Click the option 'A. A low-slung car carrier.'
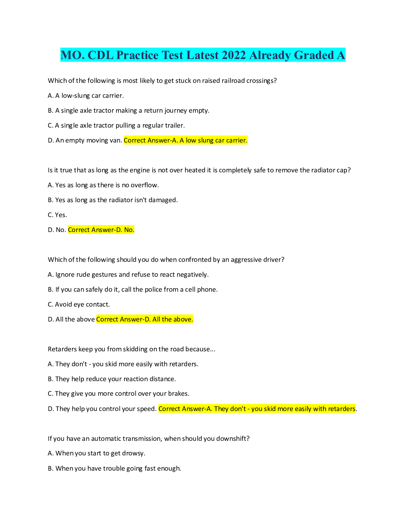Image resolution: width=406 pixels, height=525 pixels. click(86, 96)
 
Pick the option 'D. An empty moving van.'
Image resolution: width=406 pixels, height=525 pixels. click(85, 141)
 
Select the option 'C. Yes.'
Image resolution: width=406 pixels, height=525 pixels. click(57, 215)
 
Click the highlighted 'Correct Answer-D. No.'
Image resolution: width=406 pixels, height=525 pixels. click(101, 230)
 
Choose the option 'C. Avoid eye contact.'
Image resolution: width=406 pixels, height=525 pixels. click(79, 305)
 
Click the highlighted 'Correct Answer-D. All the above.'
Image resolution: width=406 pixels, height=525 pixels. click(145, 320)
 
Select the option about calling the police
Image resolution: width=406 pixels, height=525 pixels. click(133, 290)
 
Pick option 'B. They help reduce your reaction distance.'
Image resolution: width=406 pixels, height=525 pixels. click(112, 379)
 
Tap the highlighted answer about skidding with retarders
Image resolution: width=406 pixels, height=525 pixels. click(257, 409)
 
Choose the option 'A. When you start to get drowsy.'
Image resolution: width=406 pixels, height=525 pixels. click(97, 453)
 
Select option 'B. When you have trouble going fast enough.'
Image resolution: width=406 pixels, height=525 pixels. click(114, 469)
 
